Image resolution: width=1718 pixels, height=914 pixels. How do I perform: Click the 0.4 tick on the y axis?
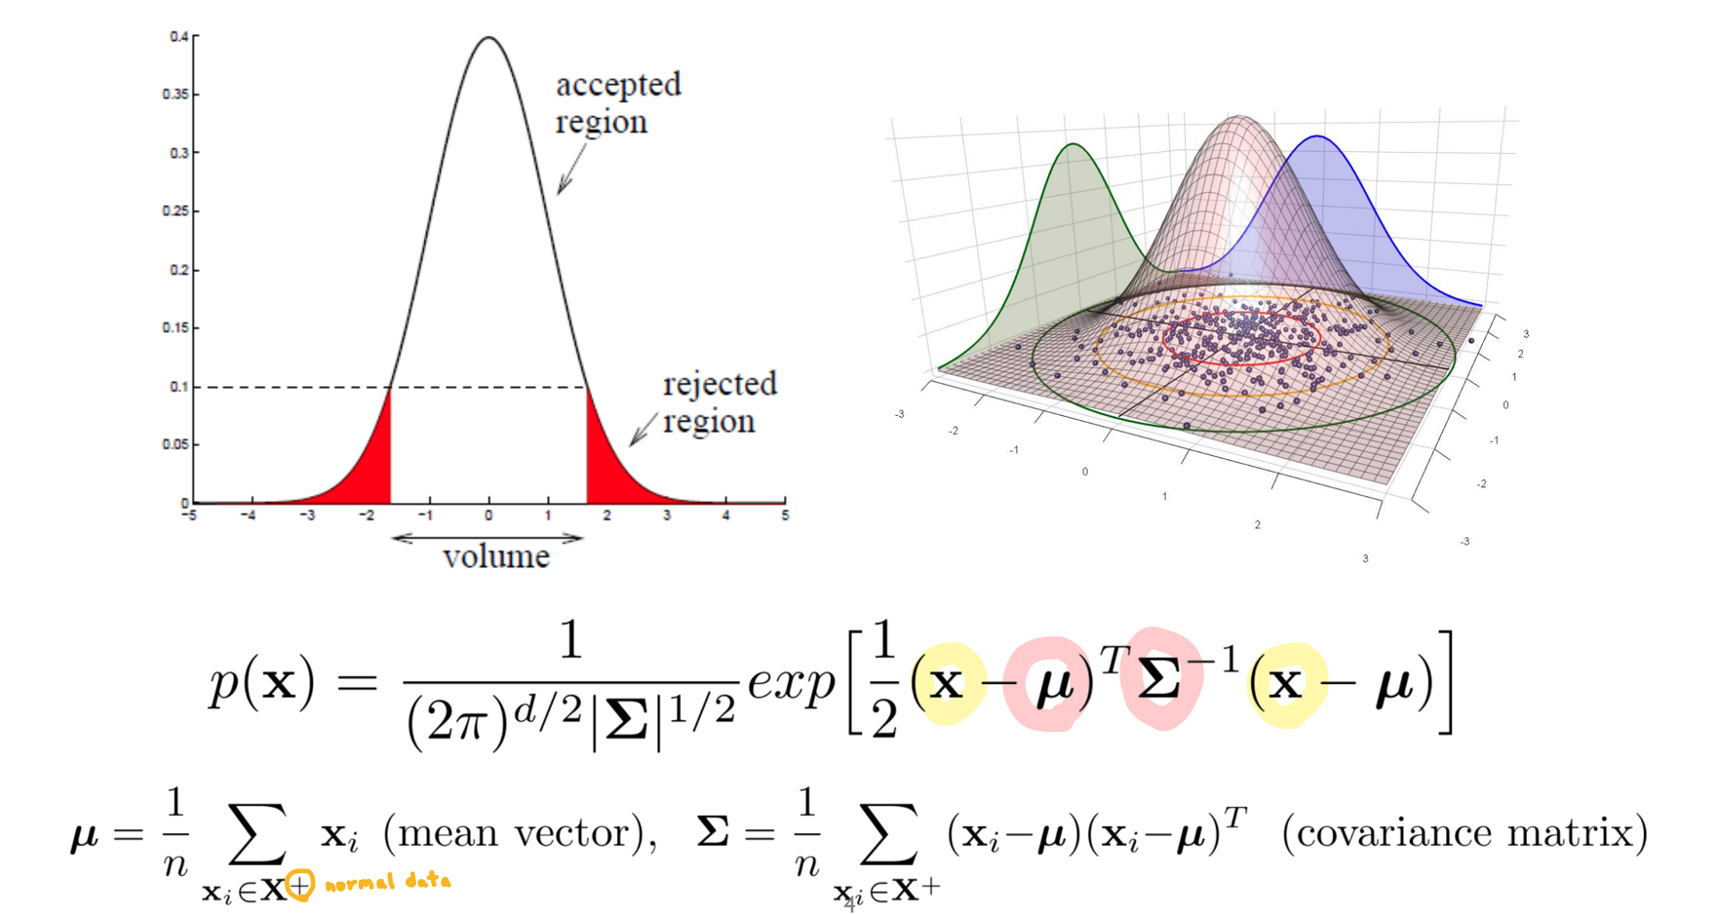click(x=179, y=37)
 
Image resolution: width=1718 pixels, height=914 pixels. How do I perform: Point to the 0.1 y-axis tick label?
click(x=178, y=387)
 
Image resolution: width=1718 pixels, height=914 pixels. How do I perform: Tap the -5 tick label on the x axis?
click(x=189, y=515)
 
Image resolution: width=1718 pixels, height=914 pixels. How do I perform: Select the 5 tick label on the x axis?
click(x=785, y=515)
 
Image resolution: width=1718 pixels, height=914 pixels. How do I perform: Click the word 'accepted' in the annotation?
click(x=618, y=86)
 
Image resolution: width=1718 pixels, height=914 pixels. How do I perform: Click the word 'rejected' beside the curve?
click(x=720, y=385)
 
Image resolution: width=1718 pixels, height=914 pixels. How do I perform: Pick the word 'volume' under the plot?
click(x=496, y=557)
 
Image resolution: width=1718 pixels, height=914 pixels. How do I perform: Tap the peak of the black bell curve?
click(x=488, y=39)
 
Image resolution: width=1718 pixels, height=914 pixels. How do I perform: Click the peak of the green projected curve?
click(x=1073, y=145)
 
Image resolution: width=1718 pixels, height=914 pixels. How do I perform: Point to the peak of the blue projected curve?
click(x=1318, y=137)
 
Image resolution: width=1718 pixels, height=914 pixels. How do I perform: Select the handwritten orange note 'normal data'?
click(x=388, y=883)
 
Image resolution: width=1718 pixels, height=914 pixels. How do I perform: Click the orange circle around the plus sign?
click(x=299, y=885)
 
